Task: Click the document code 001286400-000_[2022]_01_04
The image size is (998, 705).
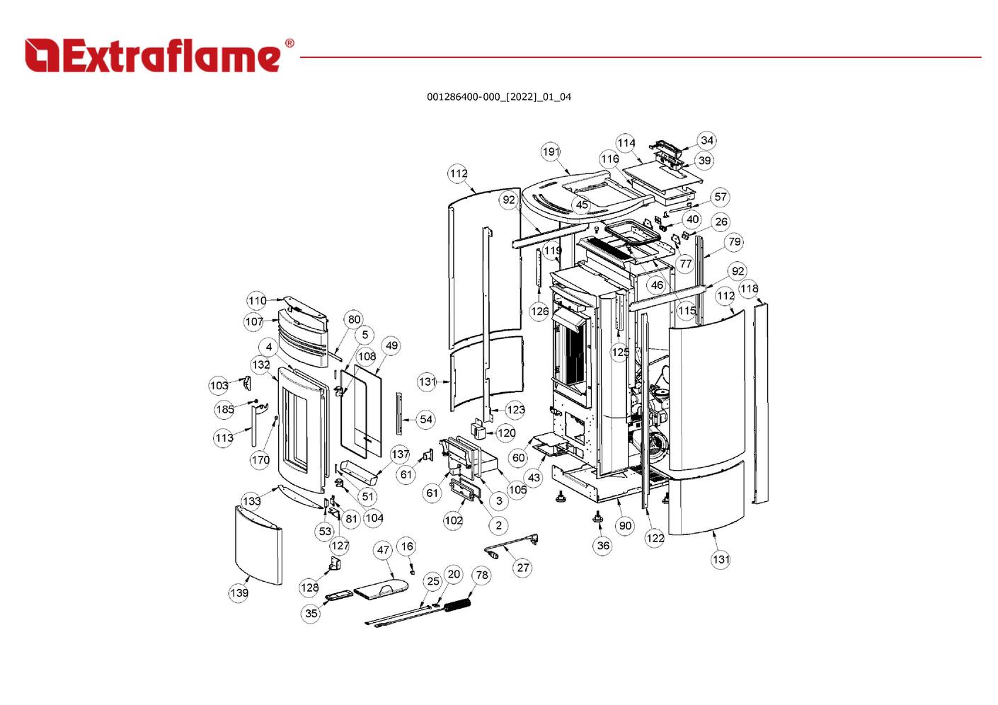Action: [x=498, y=97]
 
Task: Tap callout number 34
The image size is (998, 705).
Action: [x=706, y=140]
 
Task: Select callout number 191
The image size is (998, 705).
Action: [x=551, y=151]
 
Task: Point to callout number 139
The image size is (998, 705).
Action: [x=239, y=592]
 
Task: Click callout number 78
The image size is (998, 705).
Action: [x=482, y=575]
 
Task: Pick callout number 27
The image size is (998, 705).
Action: [x=523, y=568]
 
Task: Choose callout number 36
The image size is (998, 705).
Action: [x=603, y=546]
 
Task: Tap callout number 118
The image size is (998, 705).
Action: [x=749, y=289]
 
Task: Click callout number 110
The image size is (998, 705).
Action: [x=257, y=301]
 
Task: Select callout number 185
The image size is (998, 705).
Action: [x=224, y=410]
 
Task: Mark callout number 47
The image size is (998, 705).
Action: [x=383, y=550]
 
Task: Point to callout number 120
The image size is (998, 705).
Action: [x=506, y=433]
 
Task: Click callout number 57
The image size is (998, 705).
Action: [x=720, y=197]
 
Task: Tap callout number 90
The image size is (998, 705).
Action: [x=625, y=526]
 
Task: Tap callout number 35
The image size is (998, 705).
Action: [x=311, y=614]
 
